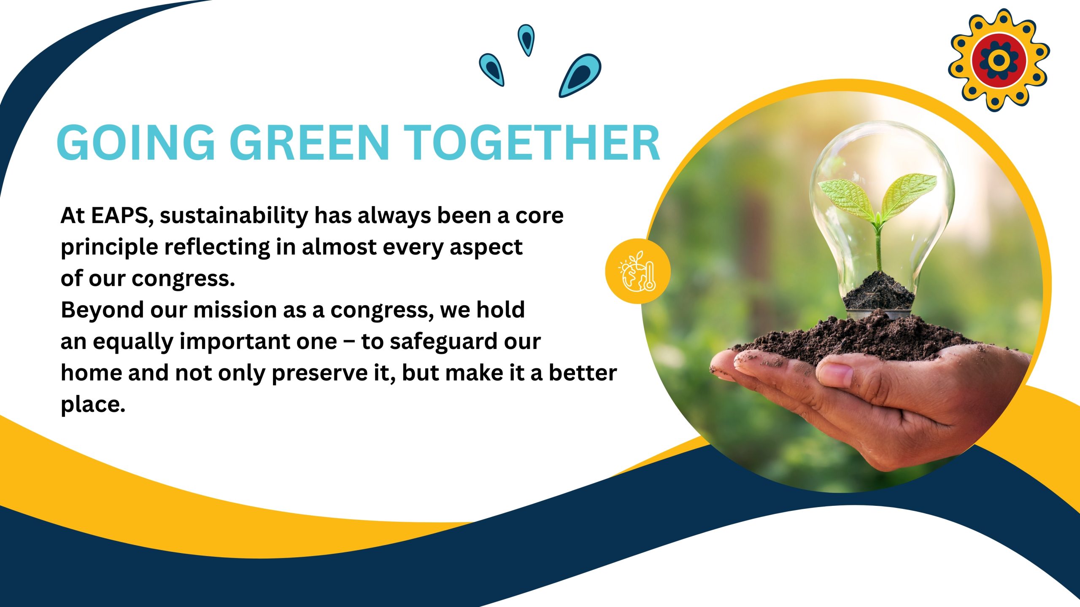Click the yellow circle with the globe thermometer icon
[637, 271]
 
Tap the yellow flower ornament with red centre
[999, 60]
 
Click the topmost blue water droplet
[526, 39]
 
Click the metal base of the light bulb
[879, 314]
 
